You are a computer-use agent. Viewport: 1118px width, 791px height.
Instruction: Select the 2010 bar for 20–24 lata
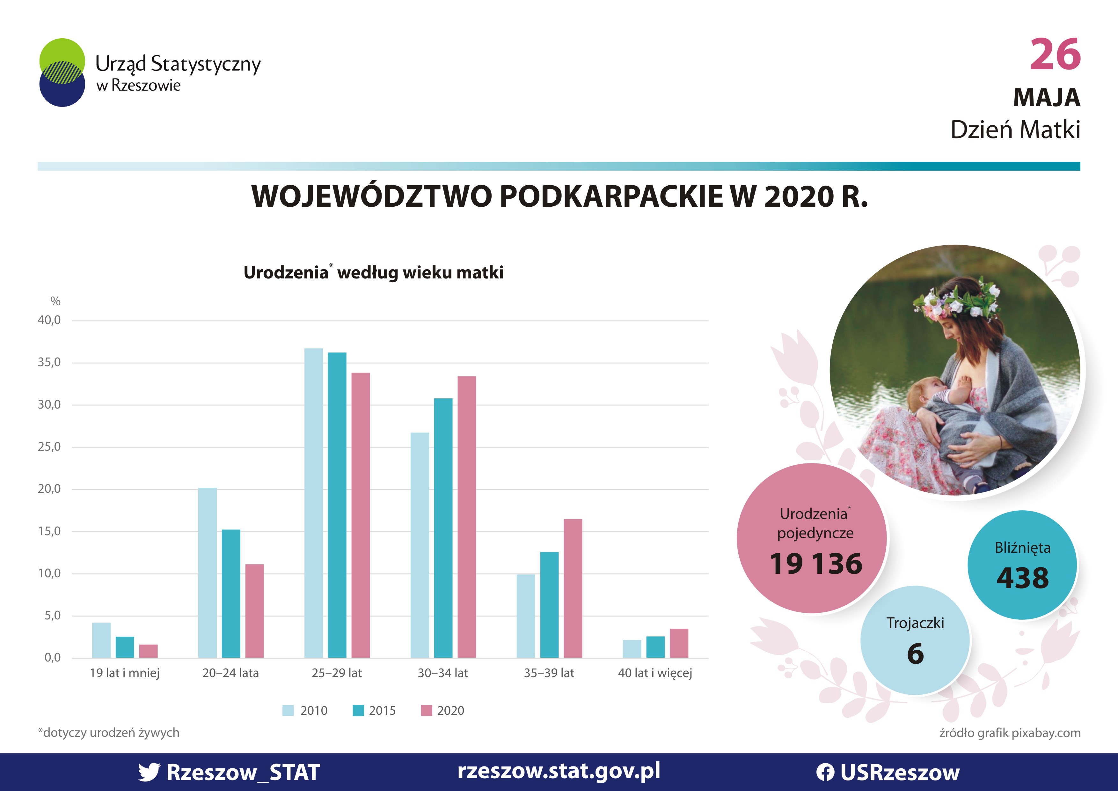(x=208, y=573)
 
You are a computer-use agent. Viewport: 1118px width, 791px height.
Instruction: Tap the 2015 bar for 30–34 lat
(x=443, y=528)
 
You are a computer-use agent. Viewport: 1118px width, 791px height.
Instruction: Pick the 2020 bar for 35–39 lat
(x=573, y=588)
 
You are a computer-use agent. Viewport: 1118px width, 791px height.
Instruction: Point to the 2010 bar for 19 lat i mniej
(x=101, y=640)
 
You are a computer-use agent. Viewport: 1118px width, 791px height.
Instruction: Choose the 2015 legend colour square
(x=358, y=711)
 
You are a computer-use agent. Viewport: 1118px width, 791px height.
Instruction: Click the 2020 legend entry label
(x=450, y=711)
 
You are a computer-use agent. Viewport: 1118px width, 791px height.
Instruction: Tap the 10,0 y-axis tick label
(x=49, y=573)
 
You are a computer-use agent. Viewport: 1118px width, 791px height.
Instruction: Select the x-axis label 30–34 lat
(x=442, y=673)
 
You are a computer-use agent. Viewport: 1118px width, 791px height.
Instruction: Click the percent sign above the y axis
(x=55, y=301)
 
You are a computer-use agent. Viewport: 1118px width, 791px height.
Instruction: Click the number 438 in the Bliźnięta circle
(x=1023, y=578)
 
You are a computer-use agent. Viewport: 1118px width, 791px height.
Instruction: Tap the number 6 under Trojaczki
(x=916, y=654)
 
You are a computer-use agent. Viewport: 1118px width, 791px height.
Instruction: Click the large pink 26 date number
(x=1055, y=54)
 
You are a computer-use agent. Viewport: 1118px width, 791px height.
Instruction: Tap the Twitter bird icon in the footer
(x=149, y=772)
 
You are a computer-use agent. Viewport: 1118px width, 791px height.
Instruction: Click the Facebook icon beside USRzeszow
(x=825, y=773)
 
